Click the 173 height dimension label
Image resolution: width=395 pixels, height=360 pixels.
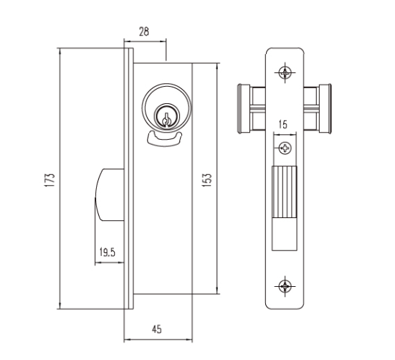49,179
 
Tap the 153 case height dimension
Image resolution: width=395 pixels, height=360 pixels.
207,179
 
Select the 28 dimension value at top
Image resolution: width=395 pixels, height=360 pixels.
144,32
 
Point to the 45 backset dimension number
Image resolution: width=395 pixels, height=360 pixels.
157,329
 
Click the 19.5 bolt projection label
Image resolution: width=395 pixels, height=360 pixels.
108,252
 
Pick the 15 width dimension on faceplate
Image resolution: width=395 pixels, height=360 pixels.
283,125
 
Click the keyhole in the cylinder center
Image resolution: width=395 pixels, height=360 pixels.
166,119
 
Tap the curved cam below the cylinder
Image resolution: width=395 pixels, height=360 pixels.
164,138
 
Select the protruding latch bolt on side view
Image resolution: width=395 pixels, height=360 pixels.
110,195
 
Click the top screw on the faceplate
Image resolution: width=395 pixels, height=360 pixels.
285,72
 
